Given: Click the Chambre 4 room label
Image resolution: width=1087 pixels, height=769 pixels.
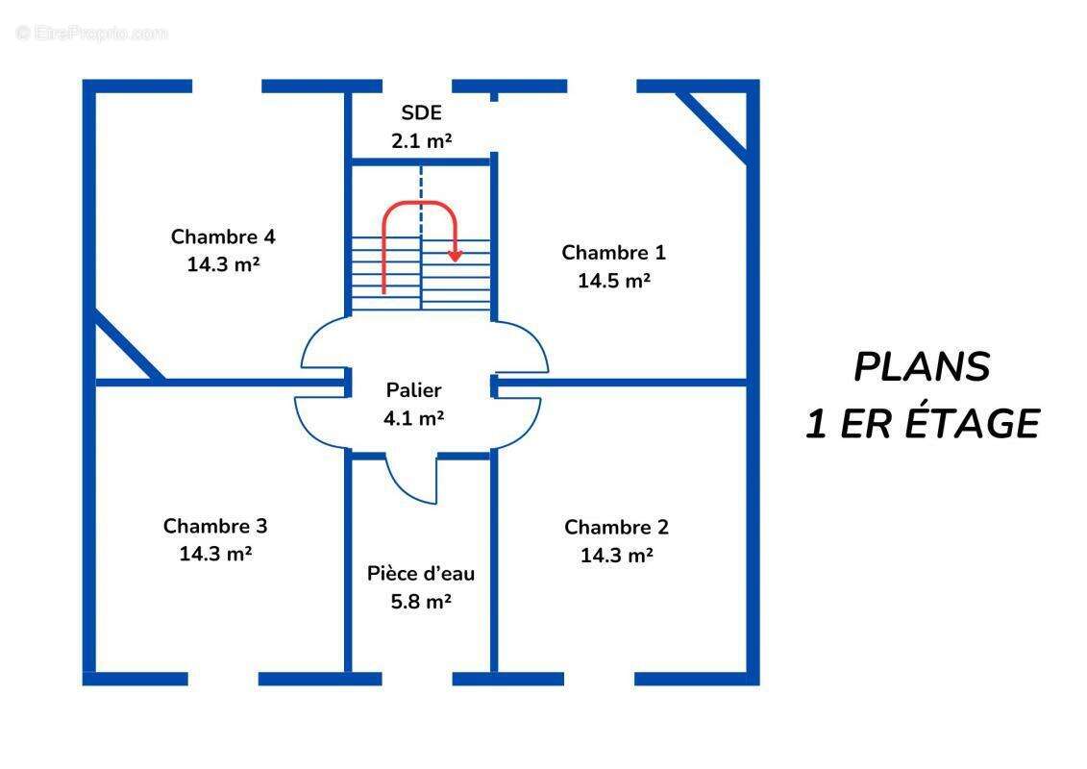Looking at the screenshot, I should pyautogui.click(x=223, y=236).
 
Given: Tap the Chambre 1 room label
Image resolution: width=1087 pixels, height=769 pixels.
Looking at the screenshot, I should pyautogui.click(x=613, y=253).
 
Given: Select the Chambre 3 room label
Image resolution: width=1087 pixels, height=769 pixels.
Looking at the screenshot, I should pyautogui.click(x=215, y=526).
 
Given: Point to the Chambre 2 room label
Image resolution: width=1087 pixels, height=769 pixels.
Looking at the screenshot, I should pyautogui.click(x=616, y=527).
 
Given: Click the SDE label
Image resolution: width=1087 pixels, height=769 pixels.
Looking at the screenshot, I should pyautogui.click(x=421, y=113).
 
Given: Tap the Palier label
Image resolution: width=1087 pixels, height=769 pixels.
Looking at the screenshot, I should pyautogui.click(x=414, y=390).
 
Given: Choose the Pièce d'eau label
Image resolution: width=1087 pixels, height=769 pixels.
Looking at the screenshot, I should pyautogui.click(x=421, y=574).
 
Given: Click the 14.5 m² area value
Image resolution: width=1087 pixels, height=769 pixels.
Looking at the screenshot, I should pyautogui.click(x=613, y=281).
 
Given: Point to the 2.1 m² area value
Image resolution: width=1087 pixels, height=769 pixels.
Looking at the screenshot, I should pyautogui.click(x=421, y=140).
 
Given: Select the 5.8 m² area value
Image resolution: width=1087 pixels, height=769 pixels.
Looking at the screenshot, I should pyautogui.click(x=421, y=602).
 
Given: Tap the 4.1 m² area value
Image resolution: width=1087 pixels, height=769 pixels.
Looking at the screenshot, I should pyautogui.click(x=414, y=418).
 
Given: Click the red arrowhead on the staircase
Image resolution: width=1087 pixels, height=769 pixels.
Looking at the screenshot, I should pyautogui.click(x=456, y=256).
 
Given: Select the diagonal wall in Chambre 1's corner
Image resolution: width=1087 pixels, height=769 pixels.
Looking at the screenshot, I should pyautogui.click(x=712, y=125).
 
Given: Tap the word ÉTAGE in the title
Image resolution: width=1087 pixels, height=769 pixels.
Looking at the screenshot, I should pyautogui.click(x=971, y=424).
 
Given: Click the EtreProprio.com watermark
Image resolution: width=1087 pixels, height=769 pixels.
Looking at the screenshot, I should pyautogui.click(x=92, y=34).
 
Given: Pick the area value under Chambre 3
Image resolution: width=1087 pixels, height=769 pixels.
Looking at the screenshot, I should pyautogui.click(x=215, y=554).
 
